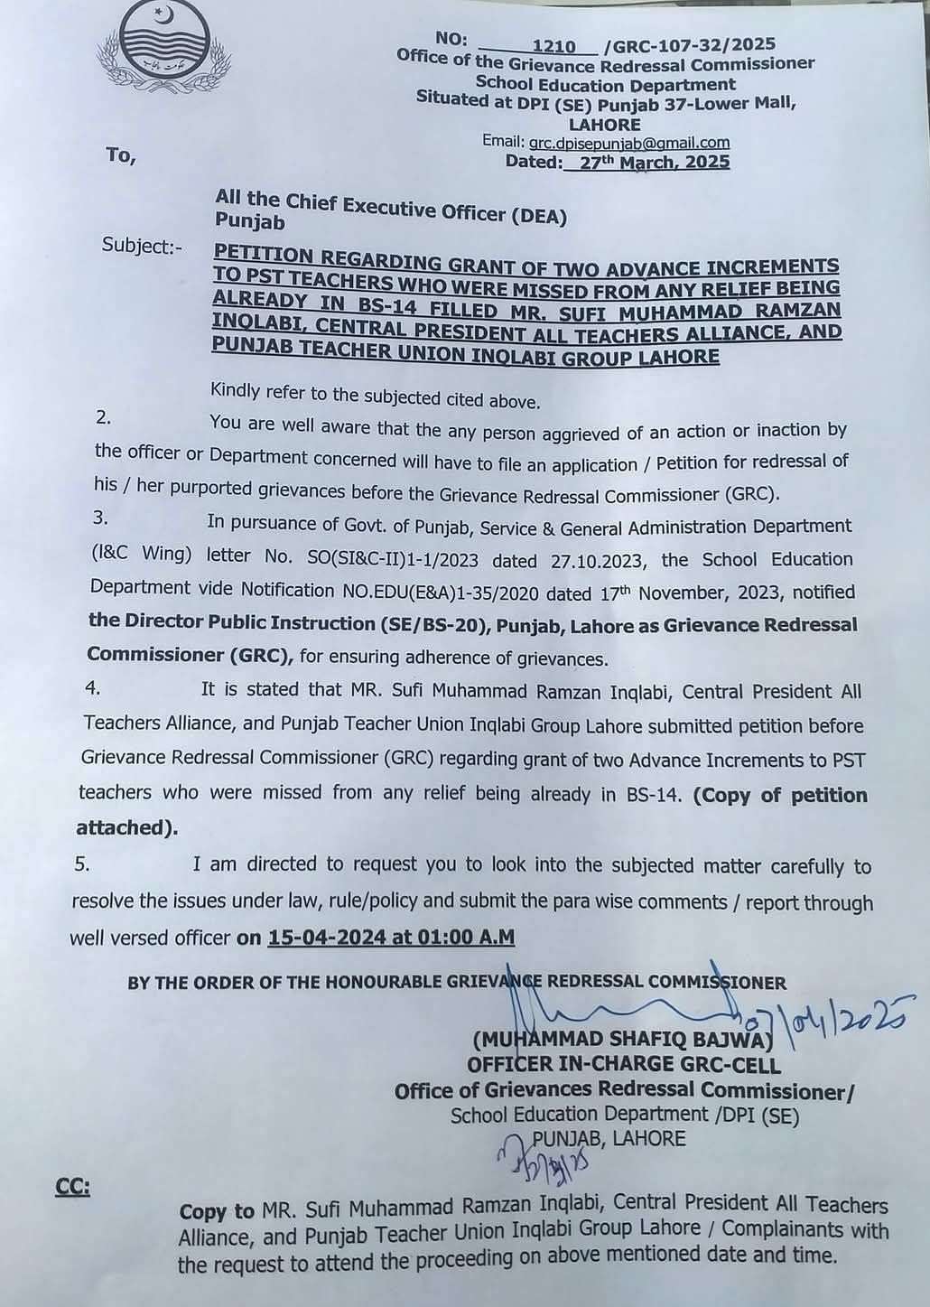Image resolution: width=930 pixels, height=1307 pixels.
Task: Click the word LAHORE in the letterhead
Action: [x=604, y=125]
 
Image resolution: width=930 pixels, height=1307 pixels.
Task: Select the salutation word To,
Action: [x=120, y=155]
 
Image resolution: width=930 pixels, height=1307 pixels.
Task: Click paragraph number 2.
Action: [x=102, y=418]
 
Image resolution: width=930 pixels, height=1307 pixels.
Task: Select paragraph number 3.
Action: [x=99, y=518]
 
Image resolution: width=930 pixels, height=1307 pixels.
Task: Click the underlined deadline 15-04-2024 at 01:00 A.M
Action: [x=391, y=938]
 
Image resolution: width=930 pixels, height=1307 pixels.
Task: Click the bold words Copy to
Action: [x=217, y=1210]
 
